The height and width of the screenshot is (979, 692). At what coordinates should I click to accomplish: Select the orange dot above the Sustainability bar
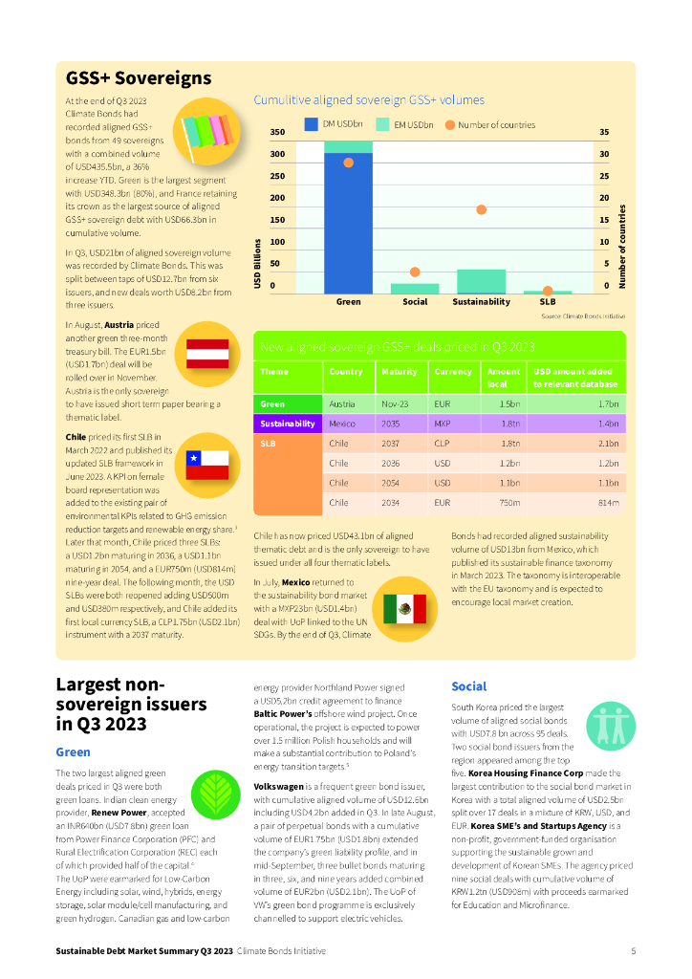[x=482, y=209]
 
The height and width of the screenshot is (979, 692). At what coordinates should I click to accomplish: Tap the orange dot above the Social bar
[x=415, y=272]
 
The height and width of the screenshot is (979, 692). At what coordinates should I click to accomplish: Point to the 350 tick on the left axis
[x=278, y=133]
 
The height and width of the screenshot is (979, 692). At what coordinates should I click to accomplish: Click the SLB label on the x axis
[x=548, y=302]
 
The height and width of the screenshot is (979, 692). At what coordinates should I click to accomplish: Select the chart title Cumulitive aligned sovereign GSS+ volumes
[x=368, y=99]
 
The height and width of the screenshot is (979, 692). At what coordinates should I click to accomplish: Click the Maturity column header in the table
[x=399, y=372]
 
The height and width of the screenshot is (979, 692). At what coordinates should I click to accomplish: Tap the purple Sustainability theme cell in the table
[x=287, y=423]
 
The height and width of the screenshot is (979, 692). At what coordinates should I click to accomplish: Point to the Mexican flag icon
[x=403, y=607]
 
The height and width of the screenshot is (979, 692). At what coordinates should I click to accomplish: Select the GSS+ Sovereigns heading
[x=139, y=78]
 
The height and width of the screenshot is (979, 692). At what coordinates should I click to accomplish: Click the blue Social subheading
[x=468, y=686]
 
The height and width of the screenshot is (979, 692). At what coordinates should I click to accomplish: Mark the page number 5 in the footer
[x=634, y=951]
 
